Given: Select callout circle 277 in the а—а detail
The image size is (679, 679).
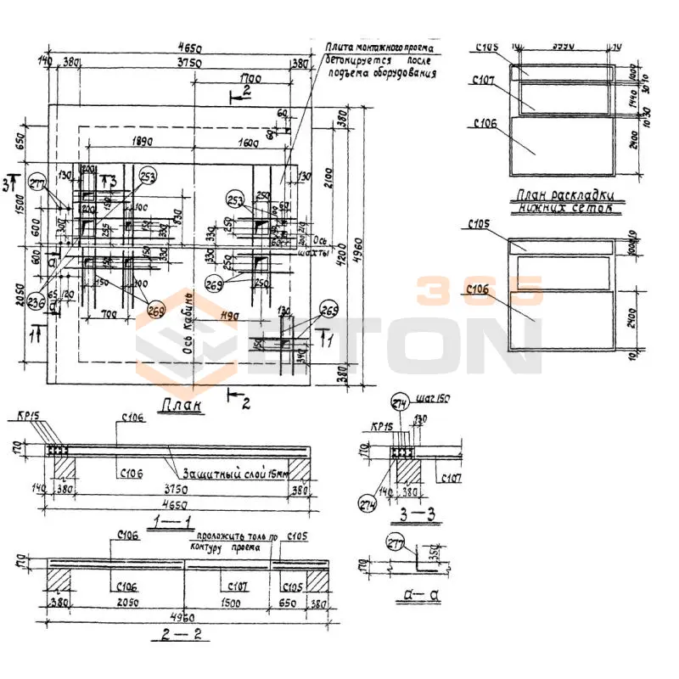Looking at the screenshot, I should point(396,543).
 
